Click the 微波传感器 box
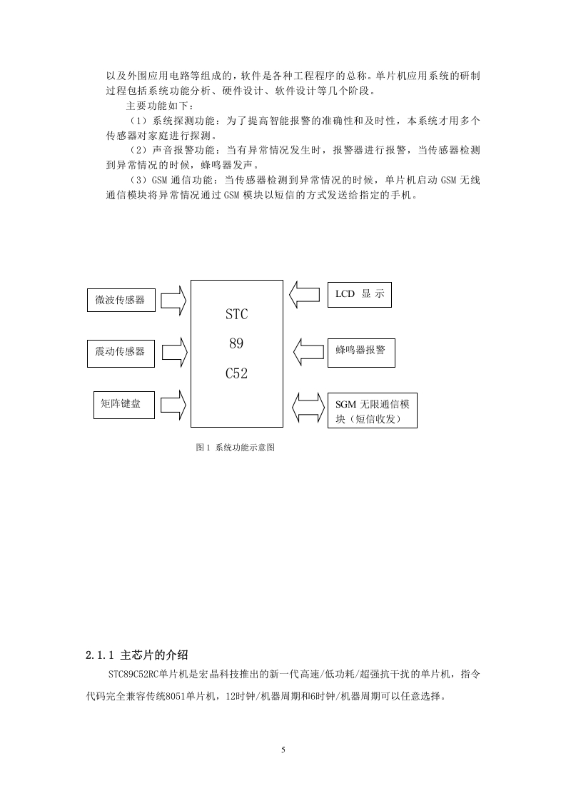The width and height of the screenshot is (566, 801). click(121, 300)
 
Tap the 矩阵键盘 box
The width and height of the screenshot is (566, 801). click(123, 405)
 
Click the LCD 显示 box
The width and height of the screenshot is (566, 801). click(360, 295)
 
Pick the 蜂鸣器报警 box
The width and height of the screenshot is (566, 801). click(361, 353)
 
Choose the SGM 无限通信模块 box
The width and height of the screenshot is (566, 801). click(373, 410)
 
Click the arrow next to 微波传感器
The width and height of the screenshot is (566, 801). click(173, 301)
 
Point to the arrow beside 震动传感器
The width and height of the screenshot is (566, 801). click(175, 352)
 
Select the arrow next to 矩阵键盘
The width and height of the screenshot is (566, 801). click(173, 405)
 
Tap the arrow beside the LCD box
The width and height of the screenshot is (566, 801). click(305, 295)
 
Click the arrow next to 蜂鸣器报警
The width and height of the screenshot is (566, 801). click(308, 352)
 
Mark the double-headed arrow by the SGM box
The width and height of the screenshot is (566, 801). click(308, 407)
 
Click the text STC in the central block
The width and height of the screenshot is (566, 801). click(236, 314)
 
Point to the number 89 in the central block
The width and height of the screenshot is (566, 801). click(236, 344)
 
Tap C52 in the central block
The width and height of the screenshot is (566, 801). click(236, 373)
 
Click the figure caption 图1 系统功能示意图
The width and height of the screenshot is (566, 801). click(236, 448)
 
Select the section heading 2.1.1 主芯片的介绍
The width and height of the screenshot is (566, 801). click(137, 655)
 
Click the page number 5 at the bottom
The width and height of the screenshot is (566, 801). click(283, 750)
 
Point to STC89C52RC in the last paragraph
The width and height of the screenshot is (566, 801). click(133, 675)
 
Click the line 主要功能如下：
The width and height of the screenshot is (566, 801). click(159, 106)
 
